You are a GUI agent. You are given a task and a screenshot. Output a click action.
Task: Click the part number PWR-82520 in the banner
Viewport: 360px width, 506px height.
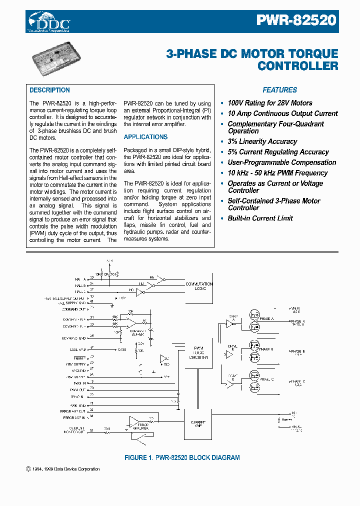coord(296,20)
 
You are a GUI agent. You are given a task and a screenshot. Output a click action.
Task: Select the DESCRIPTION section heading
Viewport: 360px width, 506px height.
coord(49,90)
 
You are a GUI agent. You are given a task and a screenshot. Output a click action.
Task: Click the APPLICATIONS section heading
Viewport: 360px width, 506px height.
coord(145,137)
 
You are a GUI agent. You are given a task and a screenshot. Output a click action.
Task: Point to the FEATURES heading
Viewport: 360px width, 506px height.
coord(279,90)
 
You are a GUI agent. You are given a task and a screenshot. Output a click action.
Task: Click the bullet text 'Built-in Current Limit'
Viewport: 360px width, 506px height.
coord(260,218)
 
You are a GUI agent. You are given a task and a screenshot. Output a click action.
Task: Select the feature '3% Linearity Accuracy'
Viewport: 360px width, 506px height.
coord(262,142)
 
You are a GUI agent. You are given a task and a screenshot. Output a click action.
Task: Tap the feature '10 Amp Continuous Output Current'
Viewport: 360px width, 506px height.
coord(282,114)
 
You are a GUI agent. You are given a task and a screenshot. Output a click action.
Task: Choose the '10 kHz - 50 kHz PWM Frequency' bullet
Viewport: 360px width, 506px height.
coord(277,173)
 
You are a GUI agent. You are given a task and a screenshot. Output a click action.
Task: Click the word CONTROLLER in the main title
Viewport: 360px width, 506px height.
coord(297,66)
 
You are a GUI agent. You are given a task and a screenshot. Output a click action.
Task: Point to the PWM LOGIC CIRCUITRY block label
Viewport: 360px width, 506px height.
coord(198,353)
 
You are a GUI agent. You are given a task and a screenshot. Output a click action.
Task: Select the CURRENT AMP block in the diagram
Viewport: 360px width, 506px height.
coord(198,423)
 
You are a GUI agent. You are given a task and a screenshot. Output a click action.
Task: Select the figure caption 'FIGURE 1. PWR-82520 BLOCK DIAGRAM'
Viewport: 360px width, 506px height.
coord(181,457)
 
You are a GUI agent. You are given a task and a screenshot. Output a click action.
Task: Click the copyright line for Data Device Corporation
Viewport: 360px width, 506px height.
coord(62,469)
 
